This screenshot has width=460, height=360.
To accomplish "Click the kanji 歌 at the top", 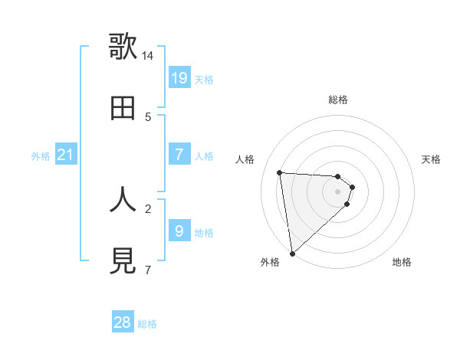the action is click(123, 46).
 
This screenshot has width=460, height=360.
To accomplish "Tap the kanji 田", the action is click(123, 108).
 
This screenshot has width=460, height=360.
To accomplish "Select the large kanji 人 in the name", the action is click(123, 199).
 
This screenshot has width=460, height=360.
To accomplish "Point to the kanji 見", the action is click(123, 261).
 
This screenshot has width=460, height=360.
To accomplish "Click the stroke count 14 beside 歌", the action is click(148, 56).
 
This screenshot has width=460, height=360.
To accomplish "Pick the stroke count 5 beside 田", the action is click(148, 117).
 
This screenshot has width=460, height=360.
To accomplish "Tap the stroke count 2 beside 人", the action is click(148, 208).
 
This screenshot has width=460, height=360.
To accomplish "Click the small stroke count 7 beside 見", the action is click(148, 270).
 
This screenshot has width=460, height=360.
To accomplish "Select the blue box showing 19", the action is click(179, 78).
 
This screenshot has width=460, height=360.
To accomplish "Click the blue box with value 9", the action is click(179, 231).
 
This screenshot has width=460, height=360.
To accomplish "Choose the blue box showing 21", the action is click(66, 155).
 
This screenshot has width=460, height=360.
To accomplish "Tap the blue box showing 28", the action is click(123, 322).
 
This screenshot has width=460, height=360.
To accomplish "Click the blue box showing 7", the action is click(179, 155).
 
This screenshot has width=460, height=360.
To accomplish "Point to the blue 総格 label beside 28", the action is click(147, 324).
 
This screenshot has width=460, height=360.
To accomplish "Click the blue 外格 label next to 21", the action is click(41, 156).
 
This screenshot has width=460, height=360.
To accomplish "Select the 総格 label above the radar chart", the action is click(338, 100).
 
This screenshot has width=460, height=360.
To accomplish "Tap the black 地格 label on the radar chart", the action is click(402, 262).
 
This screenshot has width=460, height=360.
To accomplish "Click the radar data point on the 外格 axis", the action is click(292, 254).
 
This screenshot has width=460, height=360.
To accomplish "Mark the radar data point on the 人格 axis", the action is click(279, 172).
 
